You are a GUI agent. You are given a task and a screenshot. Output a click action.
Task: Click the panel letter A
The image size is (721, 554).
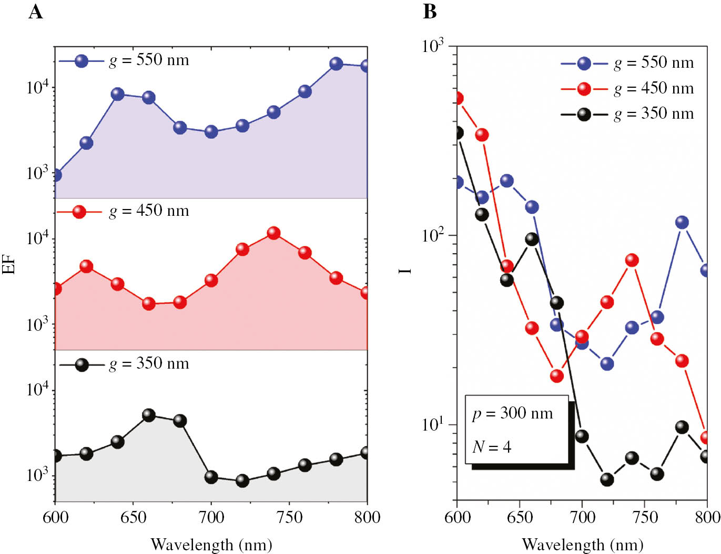coord(35,11)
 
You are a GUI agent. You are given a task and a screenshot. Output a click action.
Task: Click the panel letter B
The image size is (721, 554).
coord(430,11)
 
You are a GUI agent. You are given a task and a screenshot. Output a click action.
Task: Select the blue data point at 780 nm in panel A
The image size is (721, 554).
coord(336,64)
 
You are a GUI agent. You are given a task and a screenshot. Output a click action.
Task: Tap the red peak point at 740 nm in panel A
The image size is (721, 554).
coord(273,233)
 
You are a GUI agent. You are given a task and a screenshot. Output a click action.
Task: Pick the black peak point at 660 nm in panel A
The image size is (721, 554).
coord(149,415)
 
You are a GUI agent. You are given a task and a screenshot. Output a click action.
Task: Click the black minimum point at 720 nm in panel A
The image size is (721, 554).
coord(242,480)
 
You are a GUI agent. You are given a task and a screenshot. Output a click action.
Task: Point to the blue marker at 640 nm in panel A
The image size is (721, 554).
coord(118,94)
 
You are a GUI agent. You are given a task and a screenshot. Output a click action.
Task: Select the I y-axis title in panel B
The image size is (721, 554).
coord(405,270)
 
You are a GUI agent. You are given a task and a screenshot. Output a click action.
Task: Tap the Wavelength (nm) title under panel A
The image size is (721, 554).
coord(211,544)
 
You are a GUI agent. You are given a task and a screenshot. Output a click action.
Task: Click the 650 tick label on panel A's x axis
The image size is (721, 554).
coord(133,517)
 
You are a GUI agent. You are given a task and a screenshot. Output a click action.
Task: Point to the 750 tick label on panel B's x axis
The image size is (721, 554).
coord(645,517)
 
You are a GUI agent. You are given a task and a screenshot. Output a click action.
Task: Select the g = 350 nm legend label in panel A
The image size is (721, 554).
coord(149,363)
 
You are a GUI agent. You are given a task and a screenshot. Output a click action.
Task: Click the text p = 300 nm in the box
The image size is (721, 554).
coord(513,413)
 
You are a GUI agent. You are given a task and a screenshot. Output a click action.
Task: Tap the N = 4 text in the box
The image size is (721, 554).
coord(492,447)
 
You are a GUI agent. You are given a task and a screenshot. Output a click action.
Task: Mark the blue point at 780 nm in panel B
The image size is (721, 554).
coord(682,222)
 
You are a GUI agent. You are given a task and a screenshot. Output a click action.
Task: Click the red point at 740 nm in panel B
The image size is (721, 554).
coord(632,260)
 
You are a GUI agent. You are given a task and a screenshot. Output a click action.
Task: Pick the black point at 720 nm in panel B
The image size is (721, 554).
coord(607,479)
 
